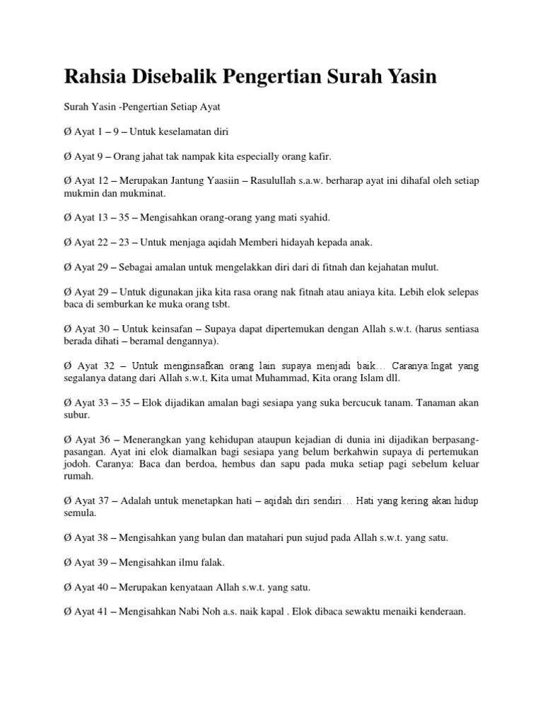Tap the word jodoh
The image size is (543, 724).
pos(77,464)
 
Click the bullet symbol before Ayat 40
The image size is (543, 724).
pos(67,587)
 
